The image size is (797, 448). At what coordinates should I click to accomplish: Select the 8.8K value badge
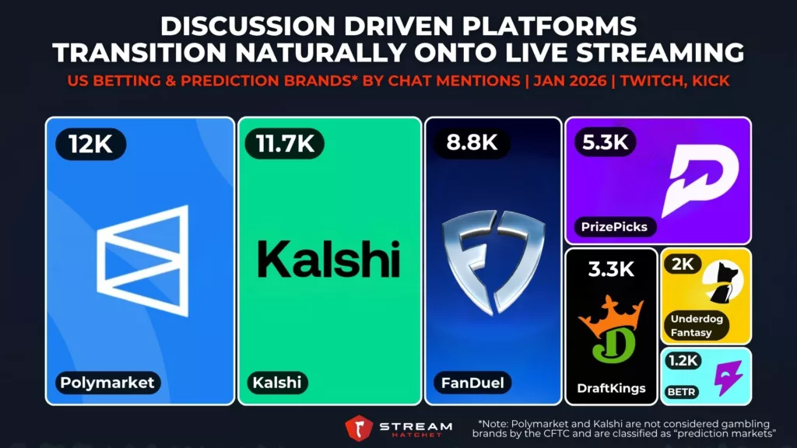[467, 144]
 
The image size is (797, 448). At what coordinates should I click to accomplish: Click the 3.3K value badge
[610, 271]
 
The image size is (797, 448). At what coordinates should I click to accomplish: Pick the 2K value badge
[683, 264]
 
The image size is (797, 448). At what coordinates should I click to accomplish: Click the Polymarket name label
[107, 382]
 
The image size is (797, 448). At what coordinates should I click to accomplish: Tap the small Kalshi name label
[276, 382]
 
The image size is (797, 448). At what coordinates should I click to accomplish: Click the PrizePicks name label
[614, 227]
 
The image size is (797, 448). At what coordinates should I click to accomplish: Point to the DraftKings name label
[611, 387]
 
